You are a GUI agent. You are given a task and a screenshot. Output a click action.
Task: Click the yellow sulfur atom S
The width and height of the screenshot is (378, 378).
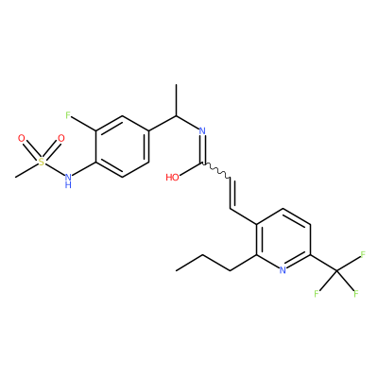[42, 162]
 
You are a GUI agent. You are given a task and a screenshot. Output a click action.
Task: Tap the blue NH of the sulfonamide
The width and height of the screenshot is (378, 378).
[68, 180]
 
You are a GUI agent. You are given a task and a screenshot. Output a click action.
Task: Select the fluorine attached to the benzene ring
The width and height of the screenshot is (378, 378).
[68, 115]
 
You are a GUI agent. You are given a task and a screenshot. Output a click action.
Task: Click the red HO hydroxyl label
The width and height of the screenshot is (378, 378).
[172, 178]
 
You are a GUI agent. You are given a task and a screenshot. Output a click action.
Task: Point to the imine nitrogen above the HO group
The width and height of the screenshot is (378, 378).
[202, 130]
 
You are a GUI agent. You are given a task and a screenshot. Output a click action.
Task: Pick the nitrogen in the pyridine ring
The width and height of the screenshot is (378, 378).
[283, 270]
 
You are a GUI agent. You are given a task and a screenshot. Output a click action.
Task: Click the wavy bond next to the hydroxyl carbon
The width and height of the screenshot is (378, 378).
[217, 172]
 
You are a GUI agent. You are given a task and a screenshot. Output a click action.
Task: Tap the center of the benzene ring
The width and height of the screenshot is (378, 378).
[122, 146]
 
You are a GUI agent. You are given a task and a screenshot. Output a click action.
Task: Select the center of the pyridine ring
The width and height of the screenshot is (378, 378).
[283, 239]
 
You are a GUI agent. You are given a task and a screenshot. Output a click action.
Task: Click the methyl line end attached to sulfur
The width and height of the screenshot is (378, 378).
[15, 177]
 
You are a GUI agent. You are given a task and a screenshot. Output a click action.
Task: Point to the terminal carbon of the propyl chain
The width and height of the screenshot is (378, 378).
[176, 270]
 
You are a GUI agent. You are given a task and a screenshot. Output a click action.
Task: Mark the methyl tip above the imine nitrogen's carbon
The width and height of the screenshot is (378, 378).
[177, 84]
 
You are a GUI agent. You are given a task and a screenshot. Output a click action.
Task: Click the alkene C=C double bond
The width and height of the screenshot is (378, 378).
[232, 193]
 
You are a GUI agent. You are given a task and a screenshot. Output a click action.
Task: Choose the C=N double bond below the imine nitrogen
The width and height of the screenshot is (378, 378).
[203, 149]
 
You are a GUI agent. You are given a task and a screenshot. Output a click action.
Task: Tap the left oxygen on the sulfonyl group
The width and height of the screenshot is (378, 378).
[21, 138]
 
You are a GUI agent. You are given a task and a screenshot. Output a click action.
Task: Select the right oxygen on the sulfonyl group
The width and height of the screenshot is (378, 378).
[61, 138]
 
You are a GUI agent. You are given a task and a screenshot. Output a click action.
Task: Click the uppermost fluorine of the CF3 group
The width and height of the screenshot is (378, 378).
[363, 254]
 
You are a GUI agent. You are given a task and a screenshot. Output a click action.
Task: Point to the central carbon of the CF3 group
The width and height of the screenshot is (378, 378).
[336, 270]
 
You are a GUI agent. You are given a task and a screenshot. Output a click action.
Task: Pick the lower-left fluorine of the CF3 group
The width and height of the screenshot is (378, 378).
[317, 294]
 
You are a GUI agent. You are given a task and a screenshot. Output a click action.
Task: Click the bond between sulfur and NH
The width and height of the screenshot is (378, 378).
[55, 169]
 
